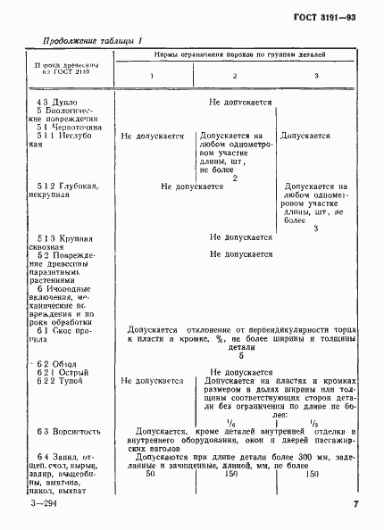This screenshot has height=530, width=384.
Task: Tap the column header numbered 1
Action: (x=152, y=76)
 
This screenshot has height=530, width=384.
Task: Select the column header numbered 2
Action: (x=236, y=76)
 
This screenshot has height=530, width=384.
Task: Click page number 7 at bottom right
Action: (x=355, y=506)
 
